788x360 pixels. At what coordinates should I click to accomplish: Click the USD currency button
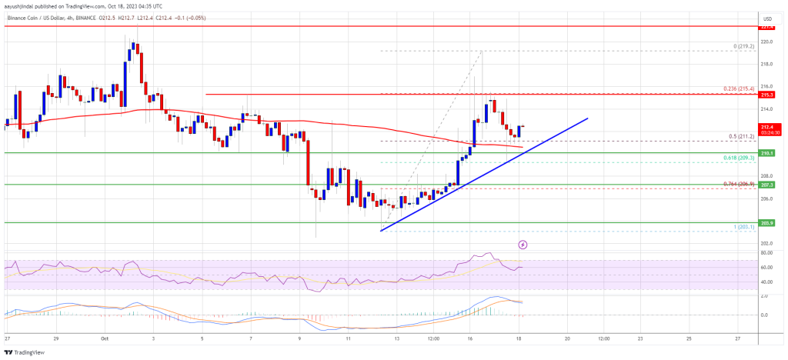766,18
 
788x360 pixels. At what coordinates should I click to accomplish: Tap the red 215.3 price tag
766,95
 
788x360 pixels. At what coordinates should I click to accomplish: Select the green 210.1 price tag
766,153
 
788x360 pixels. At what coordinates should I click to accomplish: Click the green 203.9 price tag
766,223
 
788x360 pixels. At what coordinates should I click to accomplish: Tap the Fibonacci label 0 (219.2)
742,46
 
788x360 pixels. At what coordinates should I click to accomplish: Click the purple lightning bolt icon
523,245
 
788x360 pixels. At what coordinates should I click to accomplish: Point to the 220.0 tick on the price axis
766,42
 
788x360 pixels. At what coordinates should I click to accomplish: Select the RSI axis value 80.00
766,252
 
